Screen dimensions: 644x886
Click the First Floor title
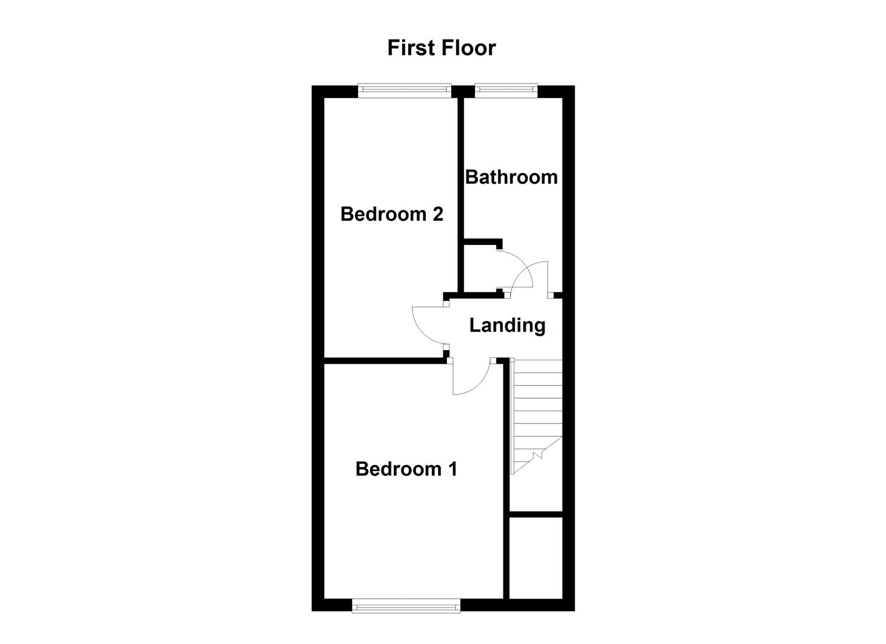[442, 48]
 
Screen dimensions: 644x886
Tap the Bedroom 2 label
[391, 213]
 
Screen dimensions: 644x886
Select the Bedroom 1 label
[406, 469]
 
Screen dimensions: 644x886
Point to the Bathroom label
[511, 177]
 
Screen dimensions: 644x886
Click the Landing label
[507, 325]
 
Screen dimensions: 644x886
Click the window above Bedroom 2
[405, 90]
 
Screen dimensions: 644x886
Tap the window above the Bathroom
[506, 90]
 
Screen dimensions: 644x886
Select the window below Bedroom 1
[406, 606]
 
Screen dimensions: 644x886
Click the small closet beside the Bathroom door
[480, 268]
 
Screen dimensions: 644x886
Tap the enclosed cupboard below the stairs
[536, 558]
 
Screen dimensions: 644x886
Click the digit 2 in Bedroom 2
[437, 213]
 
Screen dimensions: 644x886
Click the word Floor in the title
[467, 48]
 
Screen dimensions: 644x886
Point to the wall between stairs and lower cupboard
[536, 514]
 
